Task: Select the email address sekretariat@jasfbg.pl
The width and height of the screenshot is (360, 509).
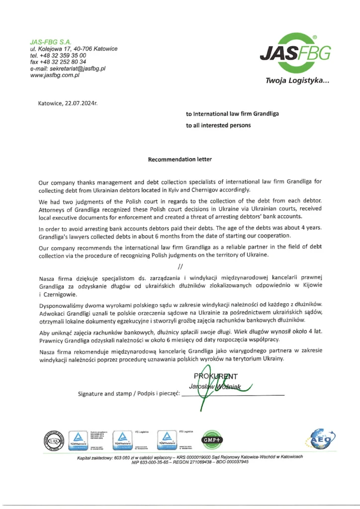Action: [75, 69]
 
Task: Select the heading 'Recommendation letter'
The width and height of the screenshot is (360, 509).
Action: [180, 160]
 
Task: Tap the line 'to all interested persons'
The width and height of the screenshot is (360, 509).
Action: [218, 126]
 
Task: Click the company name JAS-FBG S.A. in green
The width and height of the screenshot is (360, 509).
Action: [51, 42]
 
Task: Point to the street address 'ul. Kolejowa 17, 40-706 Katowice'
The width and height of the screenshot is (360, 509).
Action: [74, 49]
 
